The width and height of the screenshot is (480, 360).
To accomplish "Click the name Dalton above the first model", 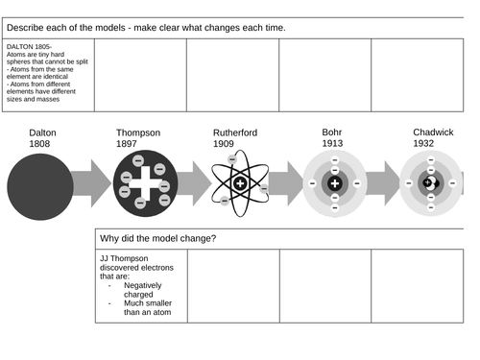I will click(43, 132).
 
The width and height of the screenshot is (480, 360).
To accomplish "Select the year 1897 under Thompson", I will click(129, 144).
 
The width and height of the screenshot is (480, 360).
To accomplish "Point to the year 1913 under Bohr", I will click(331, 144).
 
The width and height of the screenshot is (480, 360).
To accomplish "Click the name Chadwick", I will click(433, 132).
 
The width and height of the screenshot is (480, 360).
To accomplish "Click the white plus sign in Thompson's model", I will click(145, 183).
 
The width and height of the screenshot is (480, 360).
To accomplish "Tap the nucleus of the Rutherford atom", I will click(240, 183).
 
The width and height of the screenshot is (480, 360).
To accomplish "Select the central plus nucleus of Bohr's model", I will click(334, 183).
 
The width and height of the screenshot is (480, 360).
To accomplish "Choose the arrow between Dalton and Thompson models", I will click(94, 183).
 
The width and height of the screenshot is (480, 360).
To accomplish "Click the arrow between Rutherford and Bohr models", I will click(286, 183).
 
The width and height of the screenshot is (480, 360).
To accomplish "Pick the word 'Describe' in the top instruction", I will click(30, 27).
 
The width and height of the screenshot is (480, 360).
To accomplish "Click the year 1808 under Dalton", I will click(38, 144).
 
